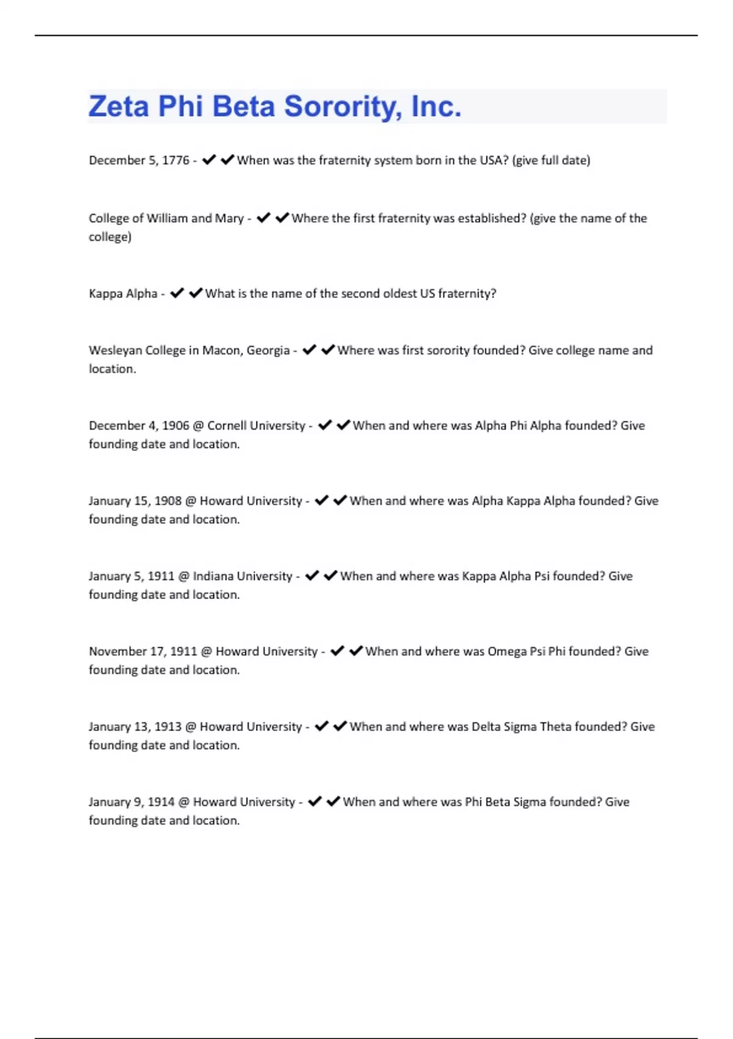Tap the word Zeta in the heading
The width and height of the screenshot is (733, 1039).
point(119,106)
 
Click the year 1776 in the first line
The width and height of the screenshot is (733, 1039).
point(175,160)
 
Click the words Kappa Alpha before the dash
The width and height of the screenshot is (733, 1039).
point(123,293)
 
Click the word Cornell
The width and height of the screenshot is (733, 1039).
point(226,425)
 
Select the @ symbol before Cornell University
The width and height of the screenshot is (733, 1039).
point(198,426)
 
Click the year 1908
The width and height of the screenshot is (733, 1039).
point(168,501)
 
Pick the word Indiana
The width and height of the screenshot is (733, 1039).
point(212,576)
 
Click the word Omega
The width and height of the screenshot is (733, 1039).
point(506,652)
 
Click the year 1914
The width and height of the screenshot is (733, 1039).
point(161,801)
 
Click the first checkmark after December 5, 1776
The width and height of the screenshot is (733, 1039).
point(209,160)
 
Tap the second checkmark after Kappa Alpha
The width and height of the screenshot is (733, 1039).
point(195,293)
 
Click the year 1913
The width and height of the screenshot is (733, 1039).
point(168,726)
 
